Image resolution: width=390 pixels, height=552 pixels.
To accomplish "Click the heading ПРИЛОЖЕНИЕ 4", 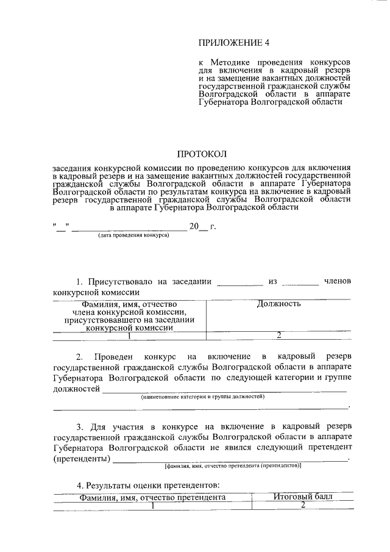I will (234, 42).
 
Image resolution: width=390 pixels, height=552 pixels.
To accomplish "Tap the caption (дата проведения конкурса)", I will (130, 235).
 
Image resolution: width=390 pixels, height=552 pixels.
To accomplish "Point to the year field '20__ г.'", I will (202, 227).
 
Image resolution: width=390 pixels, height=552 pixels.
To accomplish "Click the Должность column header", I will (278, 303).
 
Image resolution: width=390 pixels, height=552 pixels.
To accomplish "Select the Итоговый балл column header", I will (302, 497).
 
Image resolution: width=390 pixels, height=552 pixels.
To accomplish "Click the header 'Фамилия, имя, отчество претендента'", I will (153, 497).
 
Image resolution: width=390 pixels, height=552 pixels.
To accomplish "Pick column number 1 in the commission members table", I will (129, 335).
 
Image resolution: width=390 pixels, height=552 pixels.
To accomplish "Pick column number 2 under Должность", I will (278, 335).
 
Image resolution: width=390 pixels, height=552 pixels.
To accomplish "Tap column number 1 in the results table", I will (153, 505).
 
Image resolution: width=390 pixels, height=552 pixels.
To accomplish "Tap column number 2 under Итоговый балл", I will (302, 505).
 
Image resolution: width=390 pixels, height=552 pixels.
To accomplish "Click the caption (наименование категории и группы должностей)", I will (203, 396).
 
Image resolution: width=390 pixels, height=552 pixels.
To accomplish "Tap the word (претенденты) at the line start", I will (82, 457).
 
